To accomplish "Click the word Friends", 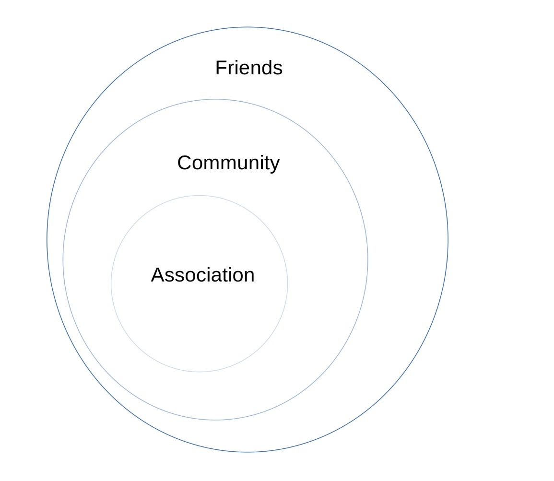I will (x=248, y=68).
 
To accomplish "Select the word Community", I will (x=228, y=163).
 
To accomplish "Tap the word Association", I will (x=202, y=275).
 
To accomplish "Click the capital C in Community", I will (x=185, y=163).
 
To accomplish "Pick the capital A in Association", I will (x=158, y=275).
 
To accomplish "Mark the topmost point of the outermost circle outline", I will (x=248, y=27).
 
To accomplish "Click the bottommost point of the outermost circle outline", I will (x=248, y=452).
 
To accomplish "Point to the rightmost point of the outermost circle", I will (x=448, y=240).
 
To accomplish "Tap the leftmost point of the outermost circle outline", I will (x=47, y=240).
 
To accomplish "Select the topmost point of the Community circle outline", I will (x=215, y=99).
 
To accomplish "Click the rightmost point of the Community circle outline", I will (x=368, y=260).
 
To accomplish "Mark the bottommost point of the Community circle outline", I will (x=215, y=420).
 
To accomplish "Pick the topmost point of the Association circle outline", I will (x=200, y=195).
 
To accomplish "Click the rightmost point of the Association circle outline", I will (x=288, y=283).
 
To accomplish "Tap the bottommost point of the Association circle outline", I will (x=200, y=372).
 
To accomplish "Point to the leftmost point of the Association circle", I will (x=111, y=283).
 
